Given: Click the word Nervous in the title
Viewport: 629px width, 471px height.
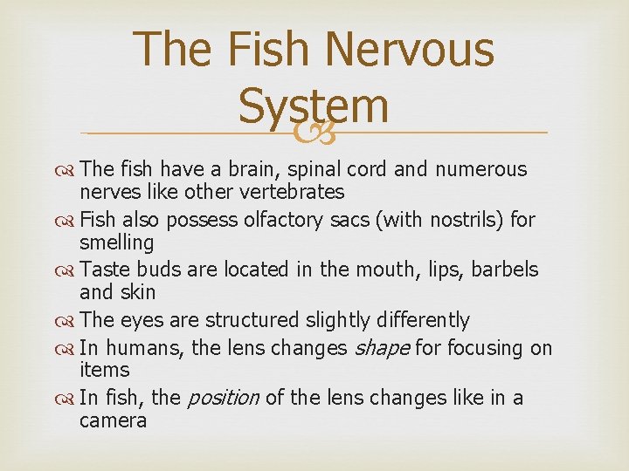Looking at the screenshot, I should coord(408,49).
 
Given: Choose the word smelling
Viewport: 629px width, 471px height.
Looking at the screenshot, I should coord(116,242).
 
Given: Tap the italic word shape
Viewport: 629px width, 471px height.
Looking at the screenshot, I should coord(380,349).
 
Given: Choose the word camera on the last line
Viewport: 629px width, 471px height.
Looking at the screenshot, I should coord(113,420).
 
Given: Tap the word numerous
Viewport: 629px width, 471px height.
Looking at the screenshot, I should coord(481,169).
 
